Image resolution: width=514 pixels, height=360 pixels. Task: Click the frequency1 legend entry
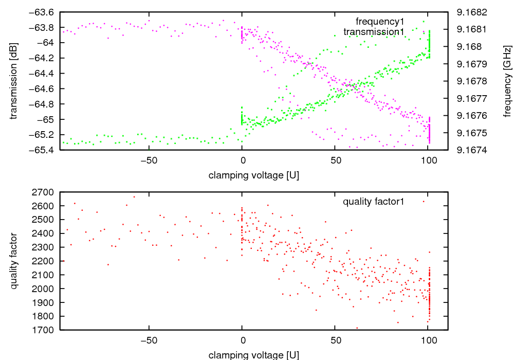coord(380,22)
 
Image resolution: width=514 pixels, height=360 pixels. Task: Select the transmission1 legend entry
coord(374,32)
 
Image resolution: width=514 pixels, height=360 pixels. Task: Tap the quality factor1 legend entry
coord(373,202)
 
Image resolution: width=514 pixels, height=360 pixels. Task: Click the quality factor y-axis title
coord(13,261)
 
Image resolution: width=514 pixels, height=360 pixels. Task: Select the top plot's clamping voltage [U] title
coord(254,175)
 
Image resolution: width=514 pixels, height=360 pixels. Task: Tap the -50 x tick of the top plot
coord(149,160)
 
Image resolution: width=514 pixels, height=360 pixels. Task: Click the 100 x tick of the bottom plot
coord(429,340)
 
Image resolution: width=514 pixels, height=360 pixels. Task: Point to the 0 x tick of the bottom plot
coord(242,340)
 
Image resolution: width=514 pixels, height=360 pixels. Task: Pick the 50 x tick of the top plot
coord(336,160)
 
